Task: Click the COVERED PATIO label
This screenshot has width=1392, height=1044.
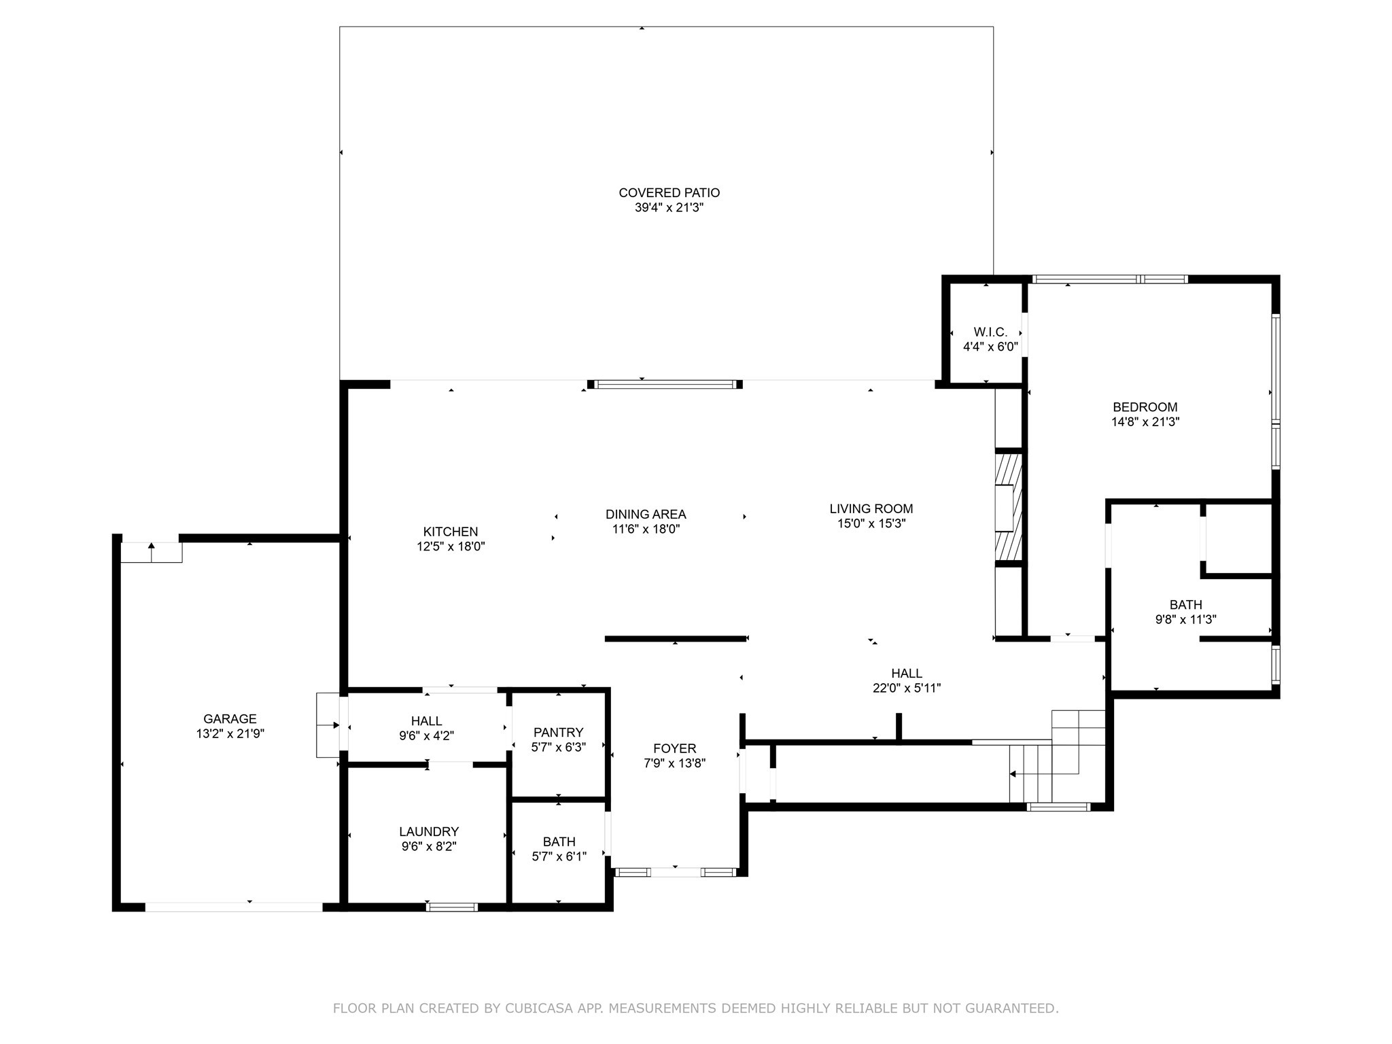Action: pos(669,193)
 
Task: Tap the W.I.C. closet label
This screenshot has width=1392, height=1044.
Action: pos(990,332)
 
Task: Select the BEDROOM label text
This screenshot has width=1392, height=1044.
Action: pos(1145,407)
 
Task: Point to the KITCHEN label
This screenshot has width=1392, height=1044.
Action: pos(451,532)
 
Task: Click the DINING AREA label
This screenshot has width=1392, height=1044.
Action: pos(646,515)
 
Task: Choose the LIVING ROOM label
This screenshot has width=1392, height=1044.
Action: pos(871,508)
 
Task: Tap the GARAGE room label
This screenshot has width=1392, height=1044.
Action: pos(230,719)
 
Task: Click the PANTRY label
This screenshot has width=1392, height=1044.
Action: pos(559,732)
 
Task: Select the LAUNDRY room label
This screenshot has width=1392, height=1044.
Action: pos(429,831)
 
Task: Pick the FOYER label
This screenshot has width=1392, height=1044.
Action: pos(675,748)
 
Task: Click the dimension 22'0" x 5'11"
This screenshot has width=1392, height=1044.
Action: pos(907,688)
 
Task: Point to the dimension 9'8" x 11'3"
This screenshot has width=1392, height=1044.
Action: pos(1186,620)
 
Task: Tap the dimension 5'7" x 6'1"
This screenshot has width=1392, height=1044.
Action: pos(559,856)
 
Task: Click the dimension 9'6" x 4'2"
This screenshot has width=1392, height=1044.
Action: pos(427,735)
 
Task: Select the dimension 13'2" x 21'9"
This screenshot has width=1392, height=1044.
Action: pos(230,734)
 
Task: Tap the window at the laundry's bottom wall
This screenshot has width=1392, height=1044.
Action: pos(452,907)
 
